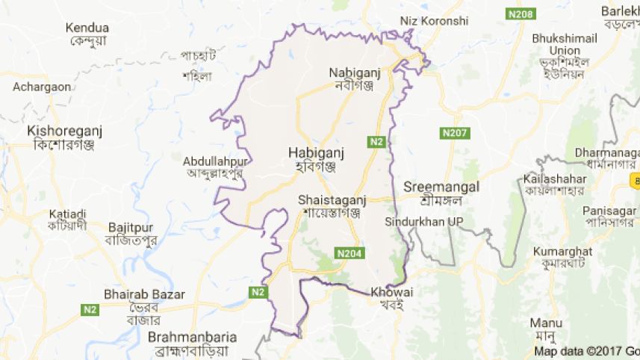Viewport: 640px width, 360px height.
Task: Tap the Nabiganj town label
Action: point(355,72)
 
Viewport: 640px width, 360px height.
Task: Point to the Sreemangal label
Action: point(441,187)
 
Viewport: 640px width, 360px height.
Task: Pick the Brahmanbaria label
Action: point(192,337)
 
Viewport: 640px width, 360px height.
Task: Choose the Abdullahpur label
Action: point(216,160)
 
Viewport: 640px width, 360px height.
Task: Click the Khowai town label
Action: point(391,292)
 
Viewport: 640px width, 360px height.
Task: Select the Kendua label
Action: point(87,28)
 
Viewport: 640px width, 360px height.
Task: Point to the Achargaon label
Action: point(42,87)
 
